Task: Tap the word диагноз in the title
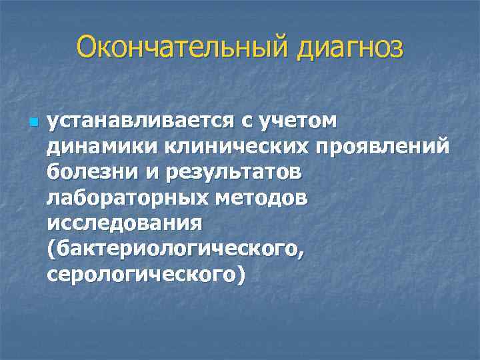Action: click(x=347, y=48)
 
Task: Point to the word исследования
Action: click(x=125, y=223)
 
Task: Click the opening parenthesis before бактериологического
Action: click(x=51, y=248)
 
